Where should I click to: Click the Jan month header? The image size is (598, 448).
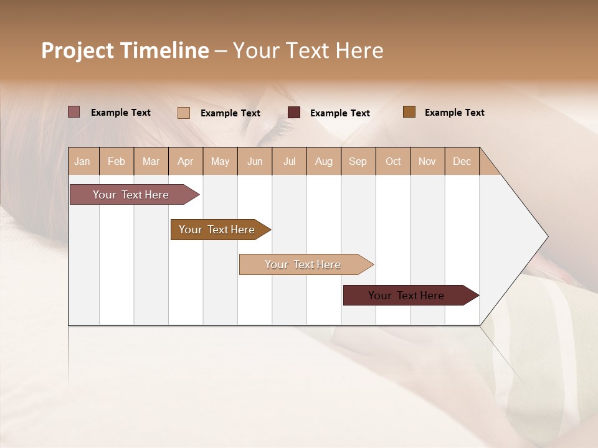tap(82, 161)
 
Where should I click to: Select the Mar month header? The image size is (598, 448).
tap(151, 161)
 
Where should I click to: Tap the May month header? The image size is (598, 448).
tap(220, 161)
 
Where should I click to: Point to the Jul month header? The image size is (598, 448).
tap(289, 161)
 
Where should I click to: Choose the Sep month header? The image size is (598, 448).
tap(358, 161)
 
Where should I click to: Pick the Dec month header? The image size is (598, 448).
tap(462, 161)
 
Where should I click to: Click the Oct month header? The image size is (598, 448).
tap(393, 161)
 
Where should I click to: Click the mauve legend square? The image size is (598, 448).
tap(74, 112)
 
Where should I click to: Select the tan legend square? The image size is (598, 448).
tap(184, 113)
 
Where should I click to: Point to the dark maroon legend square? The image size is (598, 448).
tap(294, 113)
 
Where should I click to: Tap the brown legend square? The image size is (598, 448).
tap(409, 112)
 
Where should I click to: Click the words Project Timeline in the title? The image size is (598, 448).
tap(125, 50)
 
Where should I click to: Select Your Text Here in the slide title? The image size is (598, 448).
tap(308, 50)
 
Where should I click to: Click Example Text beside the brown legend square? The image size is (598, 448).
tap(454, 113)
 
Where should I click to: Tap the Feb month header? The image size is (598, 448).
tap(116, 161)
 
